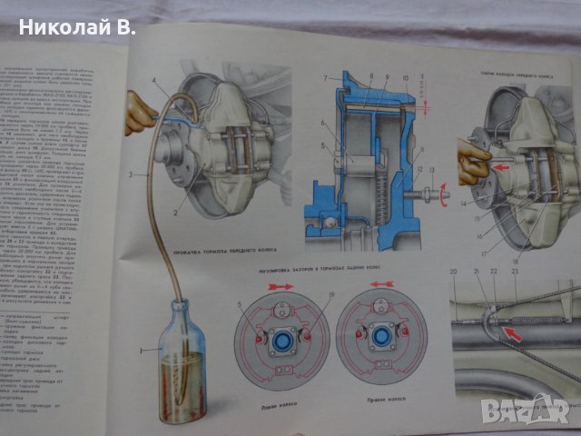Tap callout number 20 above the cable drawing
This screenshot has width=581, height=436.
pos(453,272)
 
